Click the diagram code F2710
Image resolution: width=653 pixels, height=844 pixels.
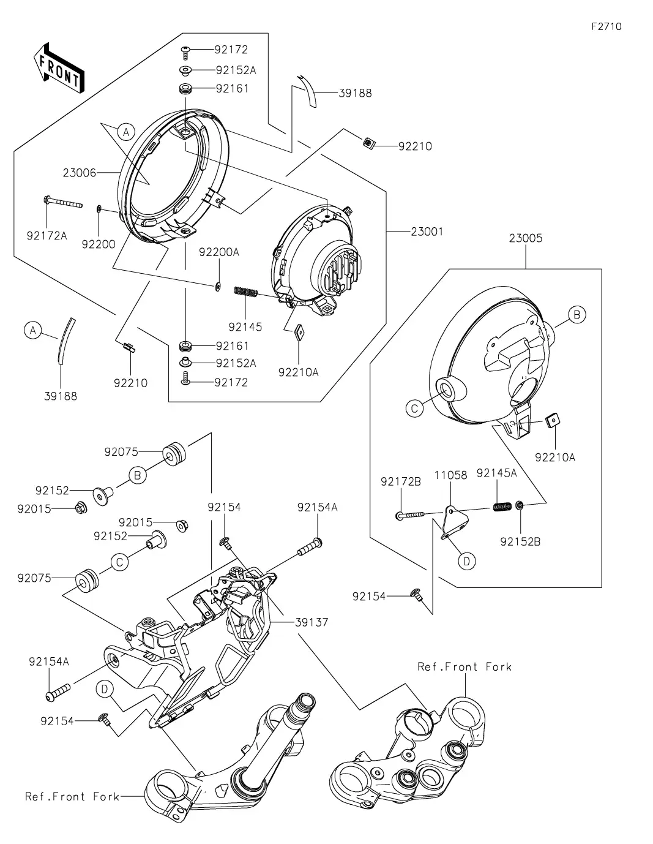click(606, 27)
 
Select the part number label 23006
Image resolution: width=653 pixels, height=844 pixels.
click(80, 173)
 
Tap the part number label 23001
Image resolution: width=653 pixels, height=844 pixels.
click(427, 232)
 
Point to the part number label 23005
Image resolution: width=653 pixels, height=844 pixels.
click(526, 238)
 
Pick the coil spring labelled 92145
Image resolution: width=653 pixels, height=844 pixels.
click(245, 292)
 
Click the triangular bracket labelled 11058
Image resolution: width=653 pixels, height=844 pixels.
click(454, 522)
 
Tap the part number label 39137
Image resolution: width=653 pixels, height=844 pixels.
click(312, 622)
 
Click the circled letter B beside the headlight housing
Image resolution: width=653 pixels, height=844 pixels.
click(577, 315)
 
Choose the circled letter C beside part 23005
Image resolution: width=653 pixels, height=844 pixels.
click(414, 409)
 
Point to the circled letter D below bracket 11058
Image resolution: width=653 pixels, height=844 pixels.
click(466, 561)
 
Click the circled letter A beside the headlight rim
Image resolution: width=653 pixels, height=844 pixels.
click(125, 132)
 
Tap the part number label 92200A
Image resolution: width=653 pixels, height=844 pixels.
click(219, 252)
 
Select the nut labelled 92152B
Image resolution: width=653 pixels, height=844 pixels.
click(520, 505)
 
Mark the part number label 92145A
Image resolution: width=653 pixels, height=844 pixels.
click(497, 473)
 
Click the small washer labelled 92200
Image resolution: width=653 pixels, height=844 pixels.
click(99, 209)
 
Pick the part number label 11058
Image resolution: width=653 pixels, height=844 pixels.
click(450, 475)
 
